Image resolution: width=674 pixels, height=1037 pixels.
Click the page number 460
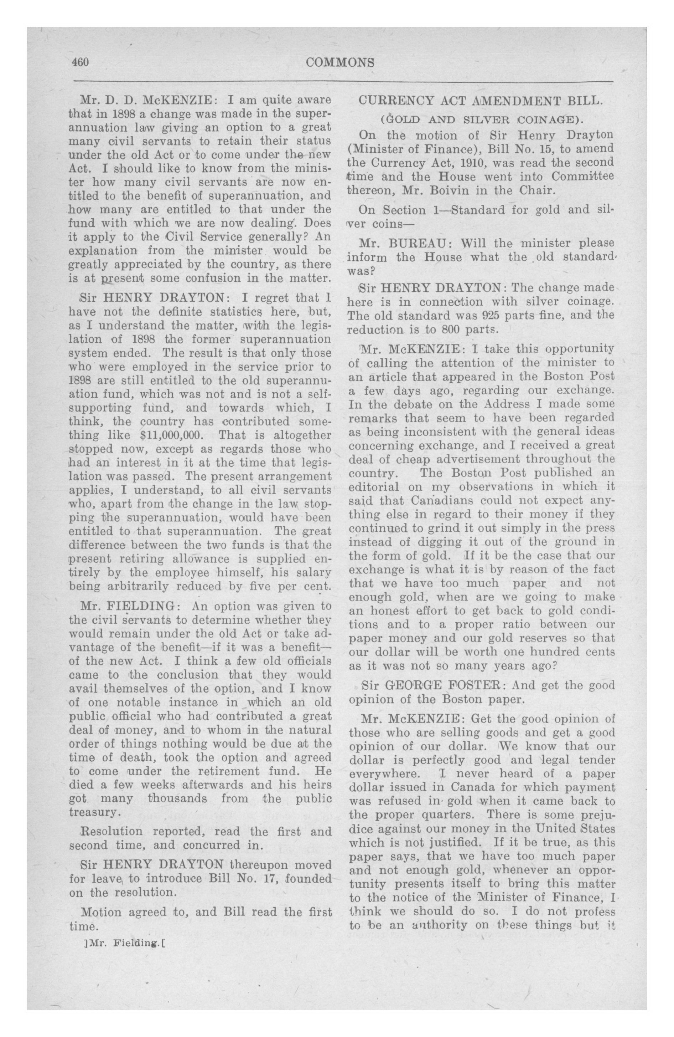click(x=81, y=62)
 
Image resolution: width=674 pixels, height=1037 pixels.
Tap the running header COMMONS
click(x=340, y=63)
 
